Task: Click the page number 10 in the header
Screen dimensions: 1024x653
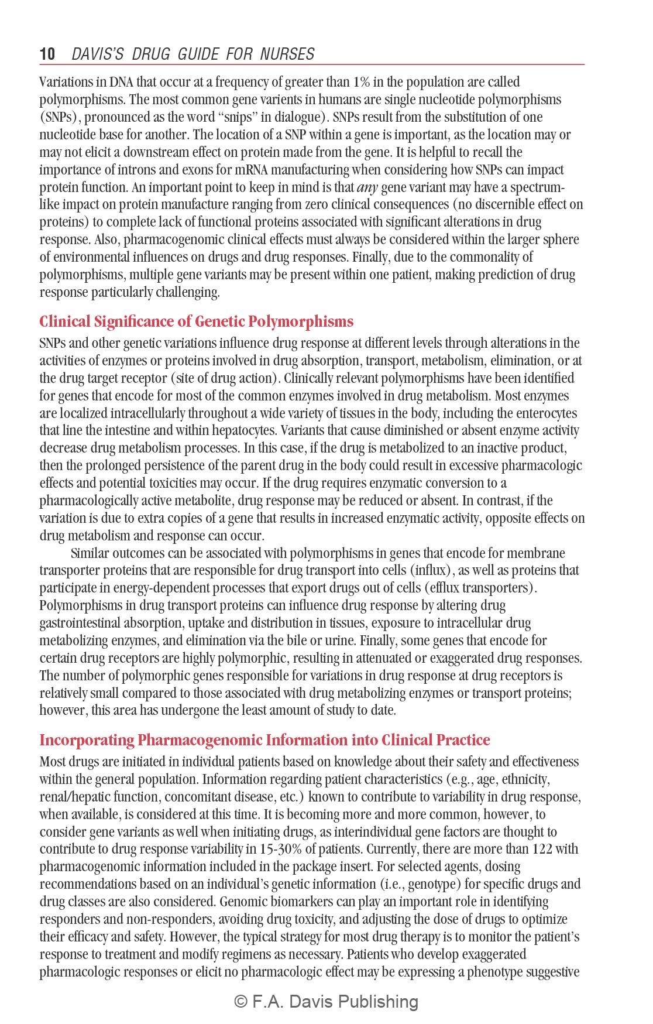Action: (47, 54)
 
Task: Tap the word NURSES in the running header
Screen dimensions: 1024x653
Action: (287, 54)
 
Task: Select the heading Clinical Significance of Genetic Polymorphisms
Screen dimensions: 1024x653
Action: (196, 321)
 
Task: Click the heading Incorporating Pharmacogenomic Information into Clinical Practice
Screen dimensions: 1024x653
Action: (264, 740)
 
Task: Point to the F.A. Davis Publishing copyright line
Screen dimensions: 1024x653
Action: (326, 1002)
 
